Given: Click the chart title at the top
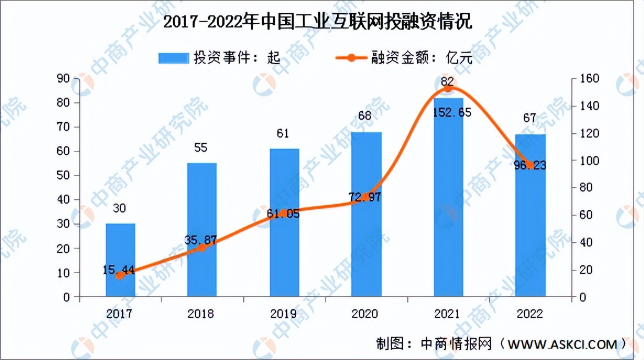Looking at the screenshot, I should pyautogui.click(x=321, y=23).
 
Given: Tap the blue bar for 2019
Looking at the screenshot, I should pyautogui.click(x=284, y=223).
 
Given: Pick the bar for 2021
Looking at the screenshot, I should pyautogui.click(x=448, y=198).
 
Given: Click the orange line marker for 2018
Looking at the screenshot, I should pyautogui.click(x=202, y=248).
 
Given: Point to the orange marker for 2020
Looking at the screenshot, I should pyautogui.click(x=365, y=197).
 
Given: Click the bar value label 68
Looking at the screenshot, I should pyautogui.click(x=365, y=116).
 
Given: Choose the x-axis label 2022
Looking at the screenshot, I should pyautogui.click(x=530, y=314).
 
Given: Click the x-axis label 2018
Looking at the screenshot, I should pyautogui.click(x=201, y=314).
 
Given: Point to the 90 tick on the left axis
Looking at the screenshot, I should pyautogui.click(x=63, y=79).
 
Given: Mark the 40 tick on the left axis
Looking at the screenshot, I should pyautogui.click(x=63, y=200).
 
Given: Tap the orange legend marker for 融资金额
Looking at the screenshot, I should pyautogui.click(x=350, y=57).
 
